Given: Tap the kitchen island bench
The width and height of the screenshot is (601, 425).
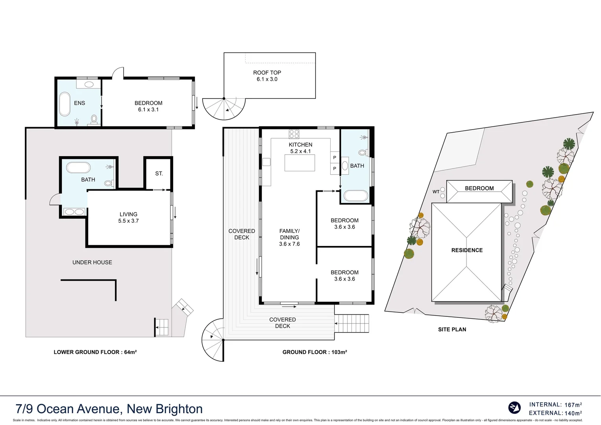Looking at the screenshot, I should click(300, 163).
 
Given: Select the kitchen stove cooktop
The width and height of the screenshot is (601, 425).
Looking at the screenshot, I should click(294, 134).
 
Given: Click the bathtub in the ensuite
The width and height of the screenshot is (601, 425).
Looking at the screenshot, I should click(64, 104).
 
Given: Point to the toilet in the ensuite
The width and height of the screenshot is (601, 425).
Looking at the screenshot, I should click(94, 118).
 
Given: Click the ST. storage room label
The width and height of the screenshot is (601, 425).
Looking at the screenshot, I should click(159, 174).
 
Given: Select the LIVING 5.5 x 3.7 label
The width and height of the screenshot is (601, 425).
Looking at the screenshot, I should click(128, 218).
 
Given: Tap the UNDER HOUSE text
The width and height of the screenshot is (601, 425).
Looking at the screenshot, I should click(92, 262).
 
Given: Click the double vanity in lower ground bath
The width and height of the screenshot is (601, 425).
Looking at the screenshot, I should click(74, 212).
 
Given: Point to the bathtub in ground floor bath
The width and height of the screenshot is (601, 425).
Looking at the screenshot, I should click(356, 196).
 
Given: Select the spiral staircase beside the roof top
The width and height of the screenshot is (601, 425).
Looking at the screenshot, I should click(224, 108).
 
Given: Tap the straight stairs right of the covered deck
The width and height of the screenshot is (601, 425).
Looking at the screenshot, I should click(352, 323).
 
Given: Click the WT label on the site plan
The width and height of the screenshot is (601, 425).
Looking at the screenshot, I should click(436, 192).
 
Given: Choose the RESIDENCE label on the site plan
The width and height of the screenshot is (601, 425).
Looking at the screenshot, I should click(467, 250).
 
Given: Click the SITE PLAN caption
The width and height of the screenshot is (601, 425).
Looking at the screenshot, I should click(452, 330).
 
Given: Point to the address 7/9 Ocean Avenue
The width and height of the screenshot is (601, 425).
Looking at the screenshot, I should click(109, 409).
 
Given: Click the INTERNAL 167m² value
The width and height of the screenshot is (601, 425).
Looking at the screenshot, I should click(573, 405).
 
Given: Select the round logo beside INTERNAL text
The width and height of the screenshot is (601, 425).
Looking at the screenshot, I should click(514, 408).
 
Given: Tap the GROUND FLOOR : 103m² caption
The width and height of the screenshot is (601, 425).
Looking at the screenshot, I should click(314, 352).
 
